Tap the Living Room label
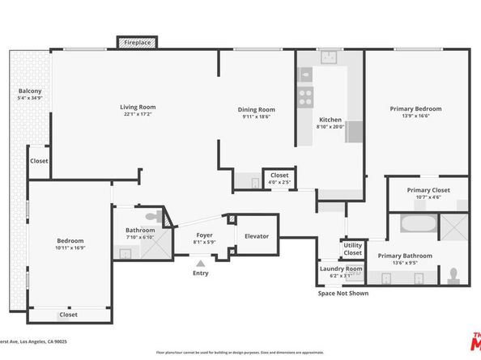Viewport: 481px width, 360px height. [138, 107]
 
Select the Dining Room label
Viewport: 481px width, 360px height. [256, 110]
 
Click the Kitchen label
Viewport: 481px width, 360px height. [330, 120]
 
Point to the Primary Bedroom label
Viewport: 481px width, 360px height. [415, 108]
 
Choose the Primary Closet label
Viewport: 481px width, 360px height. [428, 190]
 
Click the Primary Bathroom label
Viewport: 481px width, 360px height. [404, 256]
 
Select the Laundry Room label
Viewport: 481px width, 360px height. [341, 269]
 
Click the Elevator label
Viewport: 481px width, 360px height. [257, 236]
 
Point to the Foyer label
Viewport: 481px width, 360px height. [204, 236]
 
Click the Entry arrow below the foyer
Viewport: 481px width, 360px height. [201, 261]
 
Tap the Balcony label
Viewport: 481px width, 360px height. [30, 91]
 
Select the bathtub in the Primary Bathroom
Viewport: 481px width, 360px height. [418, 223]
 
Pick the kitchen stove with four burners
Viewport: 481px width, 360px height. [306, 97]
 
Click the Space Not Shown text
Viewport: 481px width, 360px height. [343, 294]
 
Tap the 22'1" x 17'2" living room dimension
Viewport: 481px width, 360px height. [138, 114]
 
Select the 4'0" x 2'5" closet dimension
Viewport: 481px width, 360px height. [279, 182]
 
